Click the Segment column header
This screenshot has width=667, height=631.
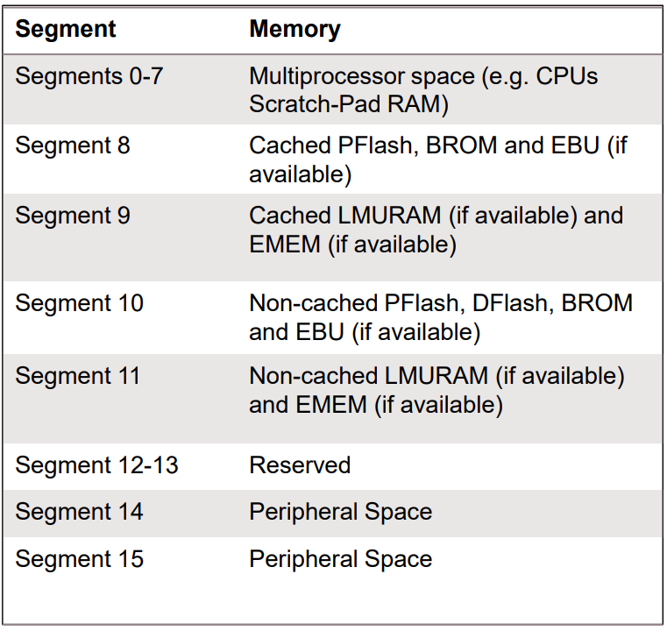(66, 29)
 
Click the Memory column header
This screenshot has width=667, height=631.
(294, 29)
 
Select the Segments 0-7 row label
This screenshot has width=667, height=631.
(89, 75)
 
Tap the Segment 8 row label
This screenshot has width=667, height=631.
(72, 145)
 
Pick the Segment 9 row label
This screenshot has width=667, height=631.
(72, 215)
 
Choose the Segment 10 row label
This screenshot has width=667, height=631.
(79, 303)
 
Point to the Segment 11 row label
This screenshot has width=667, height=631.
(78, 376)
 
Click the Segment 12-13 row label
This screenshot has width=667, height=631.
(96, 464)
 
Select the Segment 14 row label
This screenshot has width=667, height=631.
(79, 512)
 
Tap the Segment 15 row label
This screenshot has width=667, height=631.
(79, 559)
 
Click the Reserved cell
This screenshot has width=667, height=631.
(300, 464)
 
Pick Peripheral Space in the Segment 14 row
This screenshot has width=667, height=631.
(340, 512)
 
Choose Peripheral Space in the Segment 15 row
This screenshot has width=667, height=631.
(340, 559)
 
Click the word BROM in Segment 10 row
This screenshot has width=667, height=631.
(597, 303)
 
